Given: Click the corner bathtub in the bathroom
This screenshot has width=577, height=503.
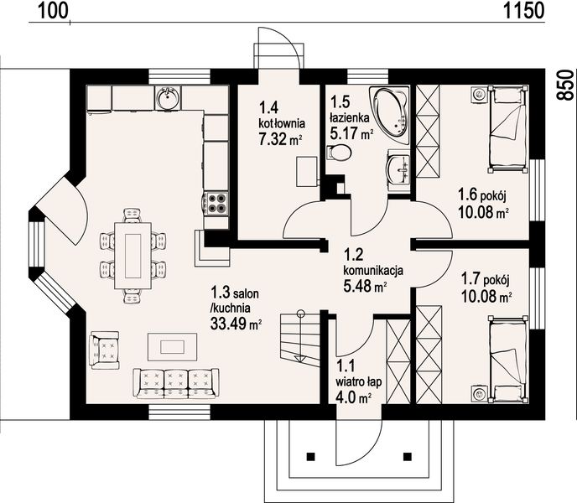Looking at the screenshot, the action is coord(391,115).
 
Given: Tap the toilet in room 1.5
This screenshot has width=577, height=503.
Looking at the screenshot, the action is coord(339,153).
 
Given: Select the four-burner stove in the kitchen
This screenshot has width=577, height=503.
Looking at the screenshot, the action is coord(216,203).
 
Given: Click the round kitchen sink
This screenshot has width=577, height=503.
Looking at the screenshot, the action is coord(168,98).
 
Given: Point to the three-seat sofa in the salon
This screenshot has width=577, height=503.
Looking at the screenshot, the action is coord(176,383).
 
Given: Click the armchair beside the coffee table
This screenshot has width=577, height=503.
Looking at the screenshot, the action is coord(105,350).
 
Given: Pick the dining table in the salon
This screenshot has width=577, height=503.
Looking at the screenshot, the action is coord(133,256).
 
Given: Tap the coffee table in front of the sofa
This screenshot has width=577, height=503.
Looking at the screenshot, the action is coord(172,346).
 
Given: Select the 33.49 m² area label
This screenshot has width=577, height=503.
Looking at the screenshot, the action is coord(236,324).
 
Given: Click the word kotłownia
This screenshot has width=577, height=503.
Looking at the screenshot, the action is coord(282,123).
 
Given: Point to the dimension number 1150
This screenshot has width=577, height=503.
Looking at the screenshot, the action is coord(523,11).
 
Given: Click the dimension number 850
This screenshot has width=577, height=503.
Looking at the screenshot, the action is coord(565,85).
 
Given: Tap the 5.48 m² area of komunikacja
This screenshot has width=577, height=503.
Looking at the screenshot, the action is coord(365,286).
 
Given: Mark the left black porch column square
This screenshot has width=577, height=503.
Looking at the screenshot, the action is coord(311,456).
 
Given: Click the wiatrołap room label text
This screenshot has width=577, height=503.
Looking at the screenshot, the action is coord(359,381).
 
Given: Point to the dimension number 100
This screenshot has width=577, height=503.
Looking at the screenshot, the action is coord(54,11).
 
